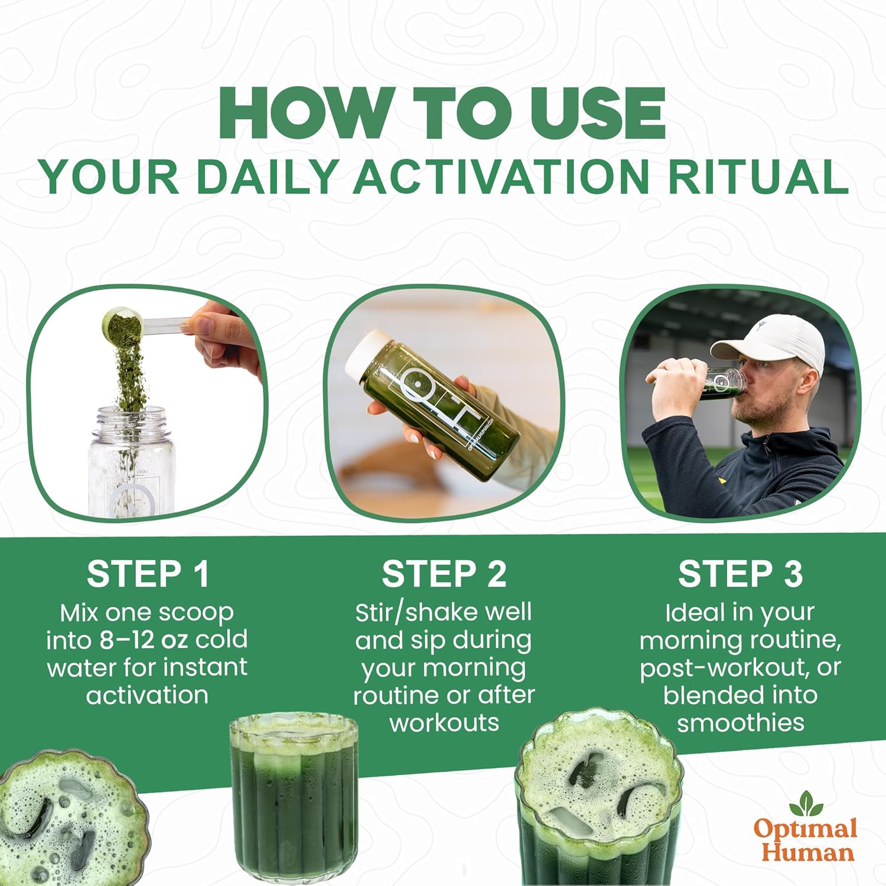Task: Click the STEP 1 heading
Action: click(x=148, y=574)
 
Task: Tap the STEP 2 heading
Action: click(x=444, y=574)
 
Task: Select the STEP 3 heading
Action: click(x=740, y=574)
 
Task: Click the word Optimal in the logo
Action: click(x=805, y=829)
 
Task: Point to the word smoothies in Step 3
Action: click(x=741, y=722)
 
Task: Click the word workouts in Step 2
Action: click(x=444, y=722)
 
